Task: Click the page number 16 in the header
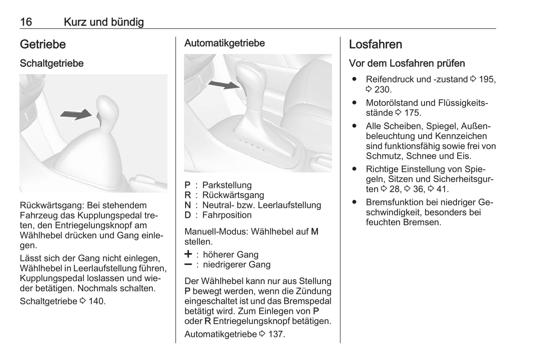(26, 22)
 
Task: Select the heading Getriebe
(43, 44)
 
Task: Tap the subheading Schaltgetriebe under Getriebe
(51, 63)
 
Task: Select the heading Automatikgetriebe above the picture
(224, 43)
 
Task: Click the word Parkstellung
(227, 185)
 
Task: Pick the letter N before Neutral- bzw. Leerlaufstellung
(188, 205)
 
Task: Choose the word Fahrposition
(227, 215)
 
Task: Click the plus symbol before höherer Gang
(188, 254)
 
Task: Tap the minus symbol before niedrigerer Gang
(188, 264)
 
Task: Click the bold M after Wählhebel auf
(314, 232)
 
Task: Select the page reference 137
(276, 334)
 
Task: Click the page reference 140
(97, 301)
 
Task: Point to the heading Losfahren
(375, 44)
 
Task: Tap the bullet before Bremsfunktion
(354, 202)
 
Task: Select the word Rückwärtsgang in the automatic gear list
(233, 195)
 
